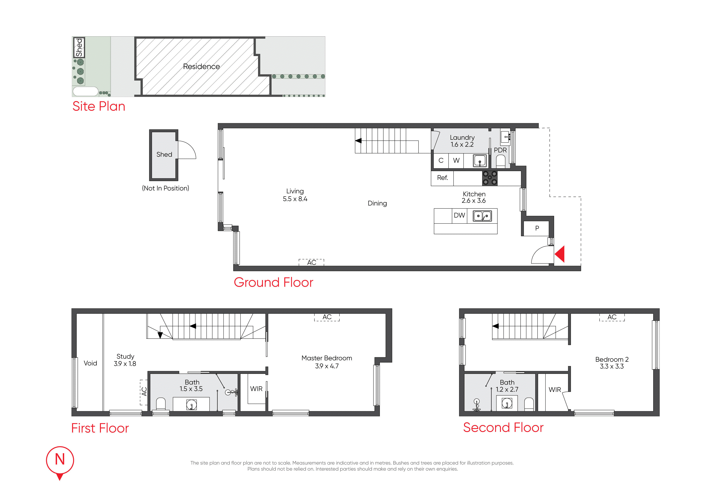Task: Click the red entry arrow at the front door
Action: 560,254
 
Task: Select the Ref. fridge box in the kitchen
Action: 442,178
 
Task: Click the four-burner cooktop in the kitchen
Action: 490,178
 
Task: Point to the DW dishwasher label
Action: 459,215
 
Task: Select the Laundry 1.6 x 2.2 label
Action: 462,141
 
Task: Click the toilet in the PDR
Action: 501,161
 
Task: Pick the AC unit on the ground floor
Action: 311,262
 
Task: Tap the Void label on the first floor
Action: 91,363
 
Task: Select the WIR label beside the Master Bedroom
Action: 256,389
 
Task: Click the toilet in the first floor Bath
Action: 161,404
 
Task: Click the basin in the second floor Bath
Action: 507,403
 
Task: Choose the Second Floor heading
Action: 504,428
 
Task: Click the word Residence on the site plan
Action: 201,67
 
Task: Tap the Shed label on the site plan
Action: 79,47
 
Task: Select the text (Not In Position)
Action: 166,188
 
